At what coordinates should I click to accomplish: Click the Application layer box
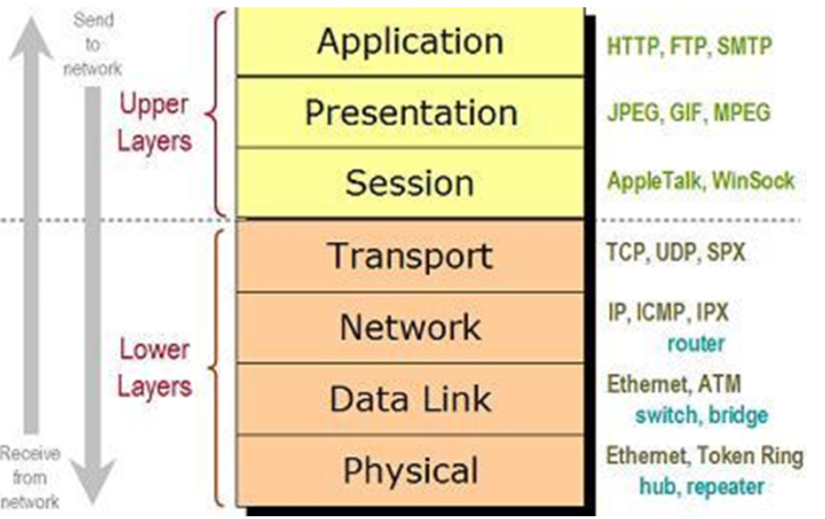(x=410, y=42)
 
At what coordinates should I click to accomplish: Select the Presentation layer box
(x=410, y=112)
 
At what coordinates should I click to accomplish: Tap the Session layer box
(x=410, y=183)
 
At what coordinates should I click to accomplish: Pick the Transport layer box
(x=410, y=255)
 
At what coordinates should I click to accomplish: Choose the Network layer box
(x=410, y=326)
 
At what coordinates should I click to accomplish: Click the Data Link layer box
(x=410, y=398)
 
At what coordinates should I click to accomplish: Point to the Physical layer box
(x=410, y=471)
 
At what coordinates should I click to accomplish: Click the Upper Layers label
(x=154, y=122)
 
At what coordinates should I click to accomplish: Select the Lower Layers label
(x=154, y=367)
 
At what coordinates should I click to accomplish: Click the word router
(x=695, y=344)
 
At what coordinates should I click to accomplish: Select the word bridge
(x=738, y=416)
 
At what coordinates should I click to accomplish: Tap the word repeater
(x=725, y=486)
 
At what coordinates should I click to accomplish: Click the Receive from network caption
(x=29, y=477)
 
